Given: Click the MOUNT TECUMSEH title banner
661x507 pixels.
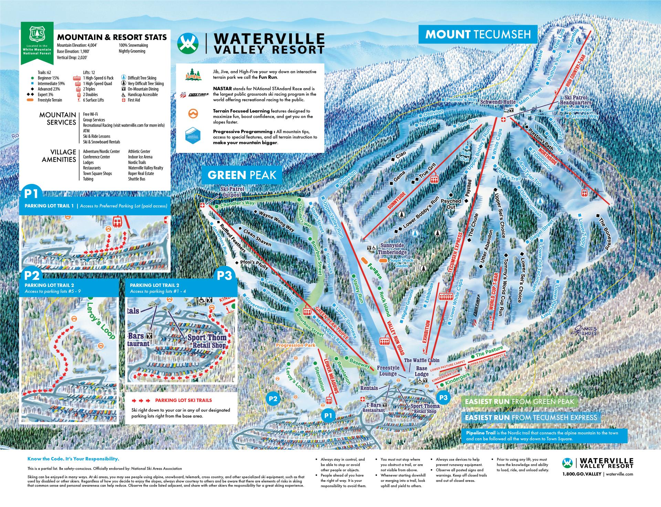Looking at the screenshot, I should tap(478, 34).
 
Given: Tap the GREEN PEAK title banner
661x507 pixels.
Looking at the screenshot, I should tap(242, 175).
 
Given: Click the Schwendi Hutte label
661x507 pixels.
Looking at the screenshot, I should tap(498, 102).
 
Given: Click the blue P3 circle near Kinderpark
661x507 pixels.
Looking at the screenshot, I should tap(443, 398).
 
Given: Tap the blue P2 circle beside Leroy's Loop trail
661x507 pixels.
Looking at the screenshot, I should tap(273, 399).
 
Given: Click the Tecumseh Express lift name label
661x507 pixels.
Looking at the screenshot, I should tap(455, 252).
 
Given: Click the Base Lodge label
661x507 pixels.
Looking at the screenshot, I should tap(421, 371).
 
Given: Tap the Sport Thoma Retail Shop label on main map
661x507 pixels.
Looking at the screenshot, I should tap(425, 408).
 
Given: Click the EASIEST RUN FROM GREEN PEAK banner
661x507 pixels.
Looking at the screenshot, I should tap(519, 402).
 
